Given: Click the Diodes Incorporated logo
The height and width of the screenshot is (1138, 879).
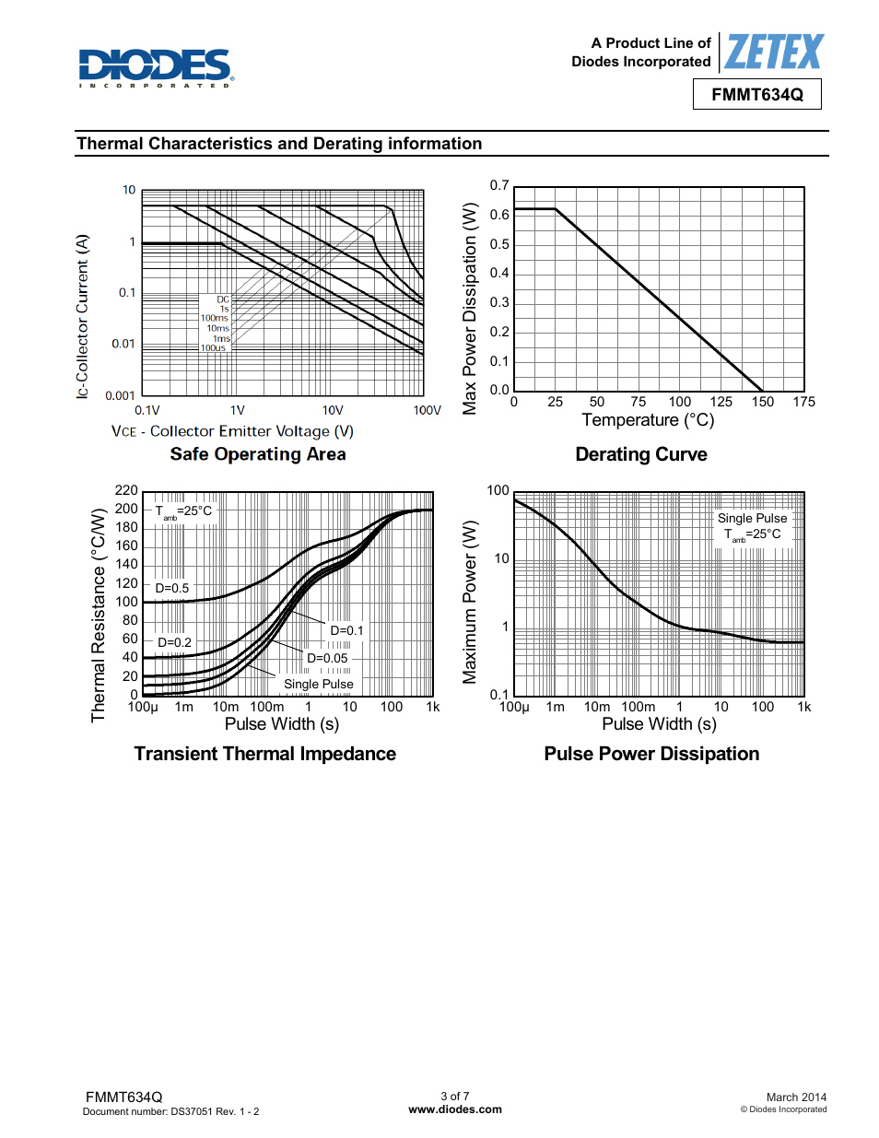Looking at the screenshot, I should pos(156,67).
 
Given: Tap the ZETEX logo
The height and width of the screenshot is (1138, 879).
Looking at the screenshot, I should pos(773,52).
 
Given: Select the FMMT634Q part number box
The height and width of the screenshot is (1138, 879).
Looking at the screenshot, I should pos(756,95).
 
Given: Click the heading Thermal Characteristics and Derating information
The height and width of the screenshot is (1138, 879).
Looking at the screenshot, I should pos(279,144).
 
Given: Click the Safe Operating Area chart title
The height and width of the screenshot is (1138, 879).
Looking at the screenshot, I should pos(258,454).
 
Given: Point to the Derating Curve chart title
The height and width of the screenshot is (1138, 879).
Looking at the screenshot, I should pos(641,454).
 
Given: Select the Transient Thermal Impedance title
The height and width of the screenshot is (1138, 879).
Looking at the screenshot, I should pos(264,754).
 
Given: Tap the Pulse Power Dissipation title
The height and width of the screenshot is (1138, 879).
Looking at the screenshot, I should pos(651,754).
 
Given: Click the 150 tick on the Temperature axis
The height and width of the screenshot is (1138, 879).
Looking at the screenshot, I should pos(763,402).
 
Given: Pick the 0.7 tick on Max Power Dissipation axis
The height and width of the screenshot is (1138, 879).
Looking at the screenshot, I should pos(499,186).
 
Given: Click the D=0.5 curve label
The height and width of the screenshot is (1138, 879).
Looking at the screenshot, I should pos(172,588).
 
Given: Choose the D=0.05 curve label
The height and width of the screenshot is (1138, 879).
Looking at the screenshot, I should pos(327,658).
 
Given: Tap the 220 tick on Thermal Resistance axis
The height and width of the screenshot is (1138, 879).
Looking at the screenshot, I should pos(126,490).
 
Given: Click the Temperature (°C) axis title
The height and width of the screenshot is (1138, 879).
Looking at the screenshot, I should pos(648,420).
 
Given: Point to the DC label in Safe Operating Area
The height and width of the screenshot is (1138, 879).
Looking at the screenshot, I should pos(223,299).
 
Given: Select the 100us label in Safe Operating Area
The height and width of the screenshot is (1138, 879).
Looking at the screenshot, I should pos(213,348).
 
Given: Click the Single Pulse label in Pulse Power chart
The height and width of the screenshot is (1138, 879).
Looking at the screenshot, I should pos(752,518).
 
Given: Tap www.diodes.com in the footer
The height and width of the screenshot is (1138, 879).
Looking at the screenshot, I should pos(455,1109).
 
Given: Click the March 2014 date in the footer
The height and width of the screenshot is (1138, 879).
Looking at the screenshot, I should pos(796,1097).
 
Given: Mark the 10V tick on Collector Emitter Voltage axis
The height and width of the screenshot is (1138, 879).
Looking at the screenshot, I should pos(333,411).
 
